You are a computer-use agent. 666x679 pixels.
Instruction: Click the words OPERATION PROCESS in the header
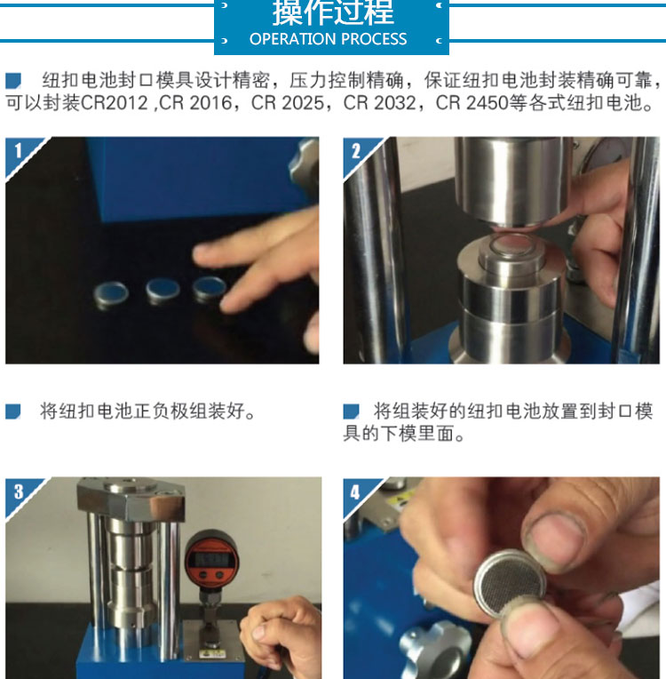point(328,39)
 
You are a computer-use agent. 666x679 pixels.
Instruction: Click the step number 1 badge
point(18,151)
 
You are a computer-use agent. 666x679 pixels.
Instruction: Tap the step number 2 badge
point(356,151)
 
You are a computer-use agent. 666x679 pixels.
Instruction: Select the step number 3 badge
point(18,491)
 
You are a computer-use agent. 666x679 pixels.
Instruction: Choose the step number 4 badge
point(355,491)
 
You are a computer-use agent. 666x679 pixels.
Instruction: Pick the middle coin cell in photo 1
point(163,289)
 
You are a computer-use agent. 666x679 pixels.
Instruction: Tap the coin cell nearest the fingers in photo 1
point(209,288)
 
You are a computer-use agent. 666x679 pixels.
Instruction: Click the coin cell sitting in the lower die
point(512,244)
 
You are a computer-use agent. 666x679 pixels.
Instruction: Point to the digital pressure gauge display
point(210,559)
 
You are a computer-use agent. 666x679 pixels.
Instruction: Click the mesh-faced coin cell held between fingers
point(510,582)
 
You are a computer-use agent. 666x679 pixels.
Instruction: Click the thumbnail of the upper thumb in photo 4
point(556,542)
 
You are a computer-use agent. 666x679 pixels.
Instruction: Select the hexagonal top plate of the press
point(131,498)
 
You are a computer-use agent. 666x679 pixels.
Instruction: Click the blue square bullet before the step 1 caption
point(13,411)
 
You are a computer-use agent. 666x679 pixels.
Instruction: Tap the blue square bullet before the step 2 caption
point(351,411)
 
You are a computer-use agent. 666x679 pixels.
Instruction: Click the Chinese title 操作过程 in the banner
point(333,12)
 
